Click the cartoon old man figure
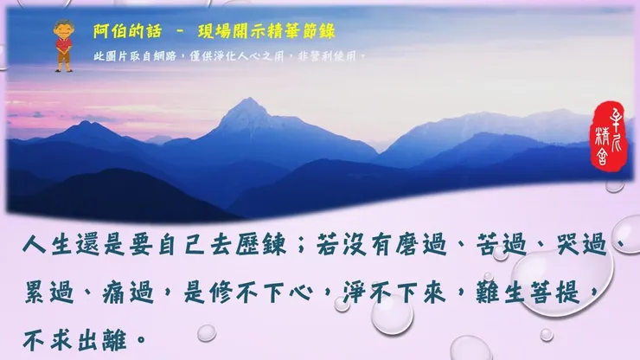click(x=62, y=43)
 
